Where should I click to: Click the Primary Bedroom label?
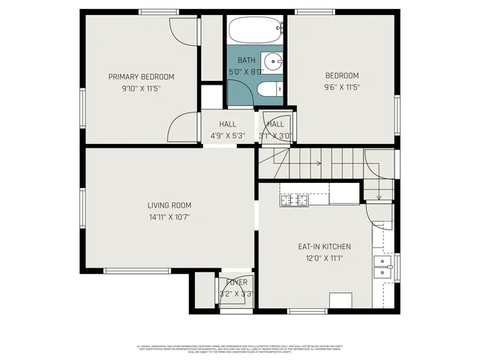tap(141, 76)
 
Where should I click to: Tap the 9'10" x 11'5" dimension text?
tap(141, 88)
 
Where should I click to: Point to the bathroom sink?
tap(274, 61)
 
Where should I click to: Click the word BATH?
tap(246, 60)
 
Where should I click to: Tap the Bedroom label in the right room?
tap(341, 76)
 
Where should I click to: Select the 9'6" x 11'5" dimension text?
tap(341, 88)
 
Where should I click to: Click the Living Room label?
tap(169, 205)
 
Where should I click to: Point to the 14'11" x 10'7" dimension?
tap(169, 217)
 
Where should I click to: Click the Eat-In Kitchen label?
tap(324, 247)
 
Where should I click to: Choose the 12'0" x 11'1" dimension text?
tap(324, 259)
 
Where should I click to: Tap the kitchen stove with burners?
tap(295, 199)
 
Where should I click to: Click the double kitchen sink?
tap(384, 266)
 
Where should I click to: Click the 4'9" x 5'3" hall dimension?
tap(227, 136)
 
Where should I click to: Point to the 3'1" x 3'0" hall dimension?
tap(275, 136)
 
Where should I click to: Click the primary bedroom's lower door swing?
tap(180, 130)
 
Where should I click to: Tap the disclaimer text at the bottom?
tap(240, 349)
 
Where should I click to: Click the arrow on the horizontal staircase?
tap(318, 163)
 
